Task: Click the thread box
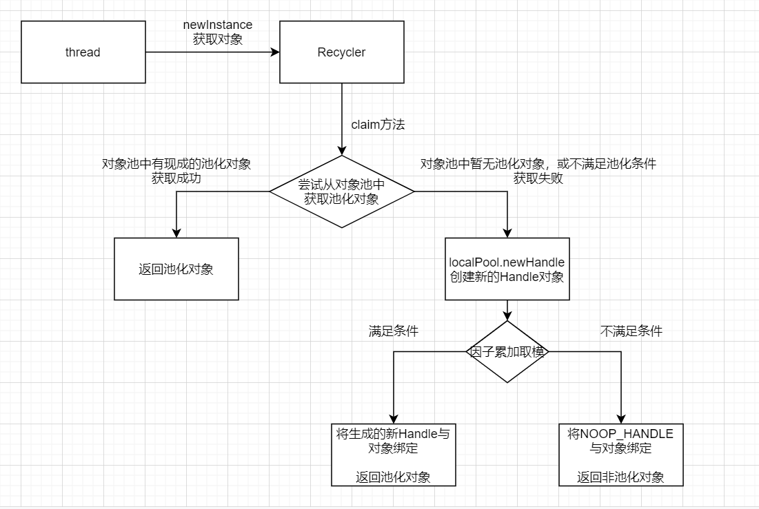click(x=83, y=52)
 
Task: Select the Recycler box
click(x=341, y=52)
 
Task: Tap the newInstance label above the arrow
click(x=217, y=25)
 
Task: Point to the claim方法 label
click(x=378, y=125)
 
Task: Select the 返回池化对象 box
click(x=176, y=269)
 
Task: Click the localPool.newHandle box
click(x=507, y=269)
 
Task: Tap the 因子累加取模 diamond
click(x=507, y=351)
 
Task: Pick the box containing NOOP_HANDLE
click(x=620, y=455)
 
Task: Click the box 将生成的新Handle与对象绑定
click(x=393, y=455)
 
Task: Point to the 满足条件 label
click(x=393, y=331)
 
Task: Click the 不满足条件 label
click(x=631, y=331)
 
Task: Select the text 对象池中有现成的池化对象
click(x=176, y=164)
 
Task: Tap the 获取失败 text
click(x=538, y=178)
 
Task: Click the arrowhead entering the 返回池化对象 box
click(x=176, y=233)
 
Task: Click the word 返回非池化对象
click(x=620, y=477)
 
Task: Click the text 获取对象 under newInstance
click(x=217, y=39)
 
